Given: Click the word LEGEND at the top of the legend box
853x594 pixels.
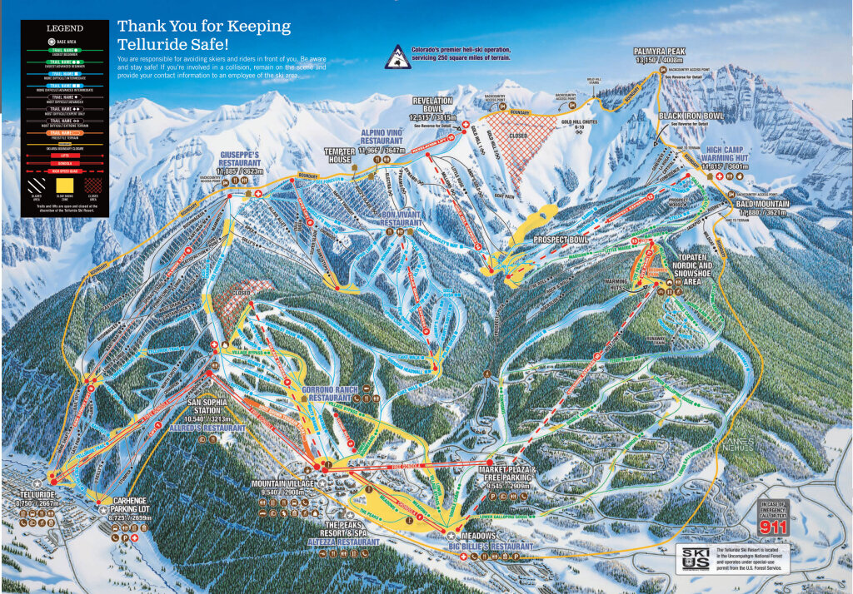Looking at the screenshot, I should pyautogui.click(x=65, y=27).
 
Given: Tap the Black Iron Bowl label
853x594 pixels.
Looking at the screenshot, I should pyautogui.click(x=690, y=116).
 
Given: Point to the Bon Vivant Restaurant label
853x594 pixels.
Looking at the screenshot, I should pyautogui.click(x=391, y=218).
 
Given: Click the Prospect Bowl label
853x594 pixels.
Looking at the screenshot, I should pyautogui.click(x=561, y=240).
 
